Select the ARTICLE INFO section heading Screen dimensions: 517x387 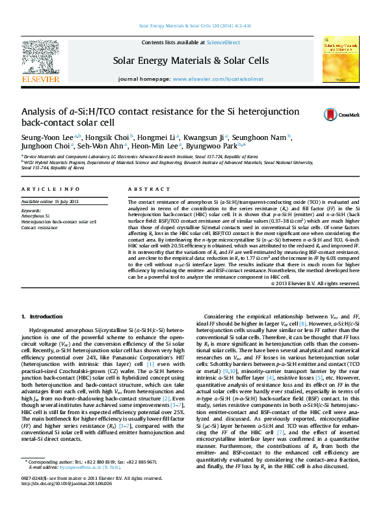click(47, 189)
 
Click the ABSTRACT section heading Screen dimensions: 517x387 click(144, 189)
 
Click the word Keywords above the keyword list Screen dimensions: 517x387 click(32, 211)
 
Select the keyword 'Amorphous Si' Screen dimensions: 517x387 click(36, 216)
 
